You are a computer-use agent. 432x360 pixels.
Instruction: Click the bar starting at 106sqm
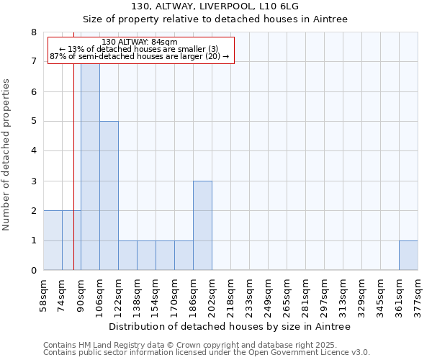tap(109, 196)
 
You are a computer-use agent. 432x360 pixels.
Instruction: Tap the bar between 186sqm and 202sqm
tap(202, 225)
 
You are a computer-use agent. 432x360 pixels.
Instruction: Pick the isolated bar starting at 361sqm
tap(408, 256)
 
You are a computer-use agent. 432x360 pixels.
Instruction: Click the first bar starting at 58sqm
tap(53, 240)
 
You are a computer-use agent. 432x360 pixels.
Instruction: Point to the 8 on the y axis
tap(33, 32)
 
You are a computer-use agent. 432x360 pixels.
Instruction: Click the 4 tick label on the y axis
tap(33, 151)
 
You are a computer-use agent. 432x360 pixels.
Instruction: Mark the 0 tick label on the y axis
tap(33, 271)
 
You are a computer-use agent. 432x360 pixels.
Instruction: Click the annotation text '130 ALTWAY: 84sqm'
tap(140, 42)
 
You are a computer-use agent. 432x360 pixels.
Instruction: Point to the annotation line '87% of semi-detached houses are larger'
tap(140, 56)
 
